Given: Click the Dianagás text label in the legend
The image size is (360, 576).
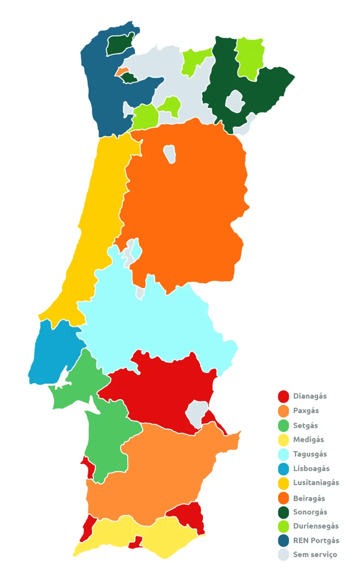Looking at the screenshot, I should [310, 396].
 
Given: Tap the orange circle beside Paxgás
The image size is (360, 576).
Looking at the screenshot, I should [284, 411].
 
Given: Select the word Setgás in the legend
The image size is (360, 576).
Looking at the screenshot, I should [305, 425].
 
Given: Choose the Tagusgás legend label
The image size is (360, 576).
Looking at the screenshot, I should [310, 454].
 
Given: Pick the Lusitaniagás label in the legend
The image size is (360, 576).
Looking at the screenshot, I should [316, 483].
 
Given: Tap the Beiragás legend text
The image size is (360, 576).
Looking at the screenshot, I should [309, 498].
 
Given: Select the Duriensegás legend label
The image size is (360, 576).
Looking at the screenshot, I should [315, 526].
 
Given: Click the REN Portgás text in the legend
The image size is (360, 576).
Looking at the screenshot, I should [316, 541].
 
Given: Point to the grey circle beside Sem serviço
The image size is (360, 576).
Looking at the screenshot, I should [284, 555].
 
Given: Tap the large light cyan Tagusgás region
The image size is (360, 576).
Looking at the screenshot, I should [155, 323].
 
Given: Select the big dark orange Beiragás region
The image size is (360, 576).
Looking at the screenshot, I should [185, 197].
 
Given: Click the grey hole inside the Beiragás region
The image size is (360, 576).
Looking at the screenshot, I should [170, 153].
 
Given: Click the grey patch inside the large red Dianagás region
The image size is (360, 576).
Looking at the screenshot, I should [196, 413].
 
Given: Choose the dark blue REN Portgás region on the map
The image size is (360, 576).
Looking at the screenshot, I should [101, 90].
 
